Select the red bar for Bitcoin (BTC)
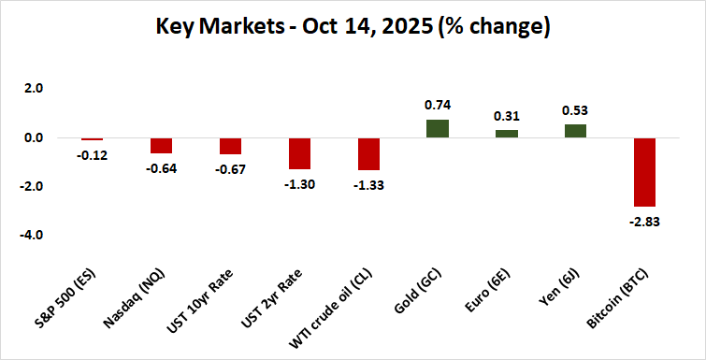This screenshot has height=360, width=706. (x=644, y=172)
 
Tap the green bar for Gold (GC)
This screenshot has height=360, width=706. (x=438, y=129)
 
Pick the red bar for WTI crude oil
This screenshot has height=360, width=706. (x=368, y=154)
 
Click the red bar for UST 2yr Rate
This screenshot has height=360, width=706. (x=299, y=153)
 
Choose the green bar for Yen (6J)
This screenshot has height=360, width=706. (x=575, y=132)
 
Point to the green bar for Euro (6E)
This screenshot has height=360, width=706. (x=507, y=134)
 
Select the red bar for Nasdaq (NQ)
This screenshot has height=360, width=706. (x=162, y=146)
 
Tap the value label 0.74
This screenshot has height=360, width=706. (x=438, y=106)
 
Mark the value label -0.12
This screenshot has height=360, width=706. (x=93, y=155)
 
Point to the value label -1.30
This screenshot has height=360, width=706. (x=299, y=184)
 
